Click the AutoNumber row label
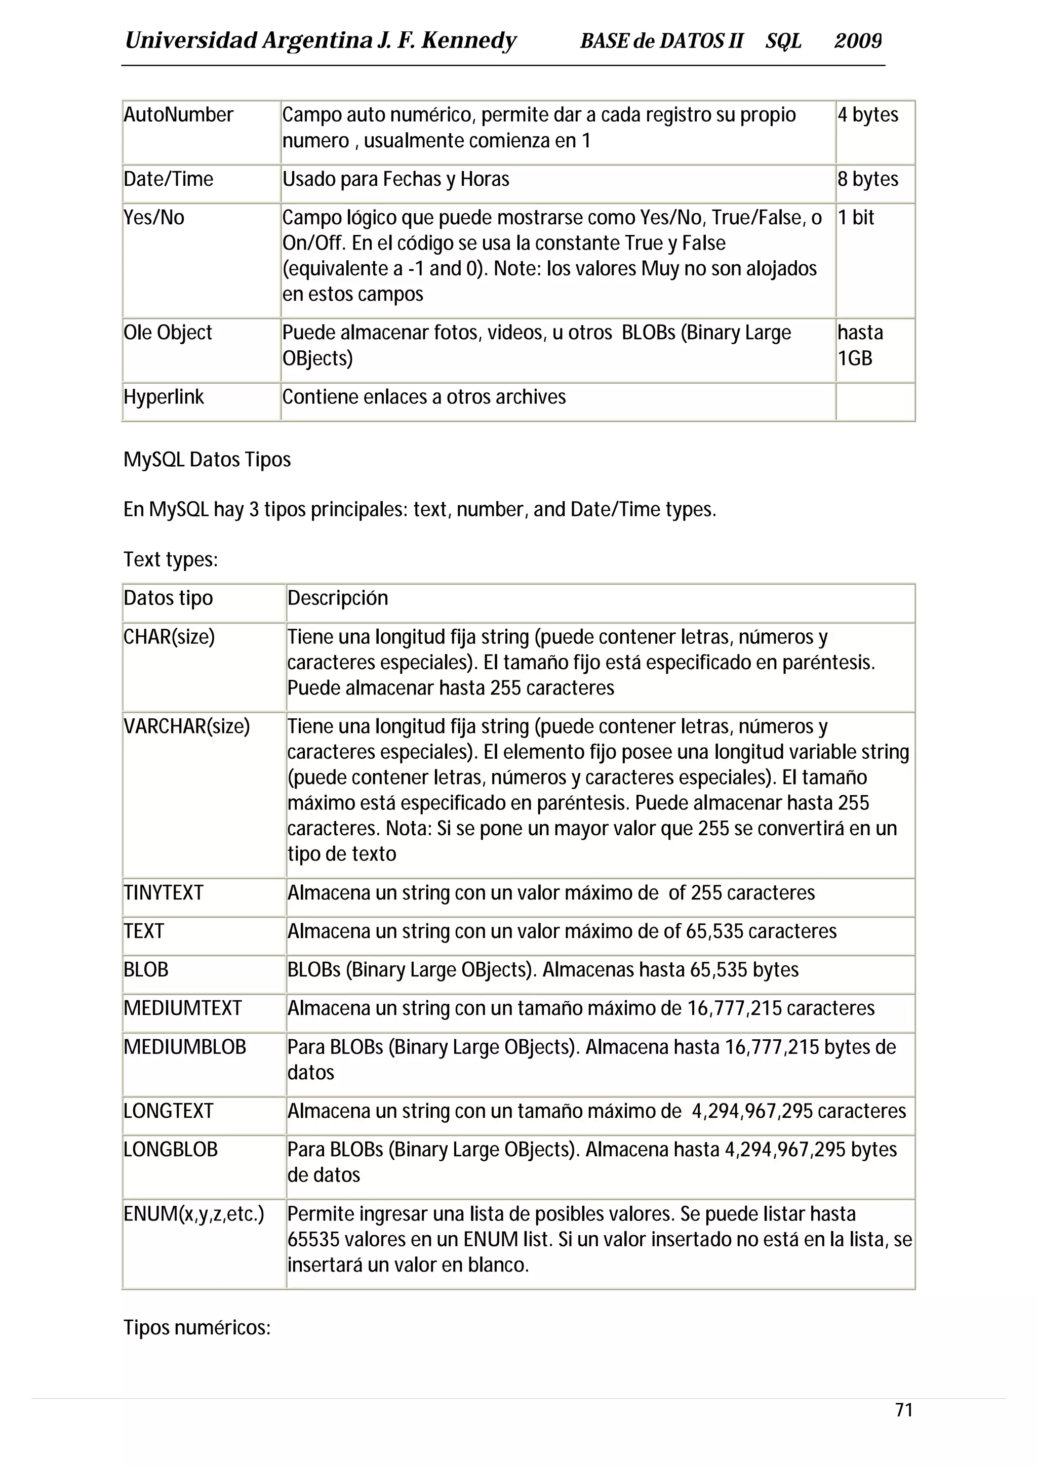[178, 115]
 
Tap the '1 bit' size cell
[856, 218]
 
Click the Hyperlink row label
[164, 397]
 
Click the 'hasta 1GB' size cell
[860, 345]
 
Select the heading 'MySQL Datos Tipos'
[207, 460]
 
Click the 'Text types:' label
[171, 560]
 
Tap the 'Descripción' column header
[337, 598]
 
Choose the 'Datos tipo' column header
[168, 598]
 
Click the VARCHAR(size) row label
[186, 726]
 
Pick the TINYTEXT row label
[164, 892]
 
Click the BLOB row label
[146, 970]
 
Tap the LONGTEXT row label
[168, 1111]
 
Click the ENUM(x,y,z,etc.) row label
[193, 1214]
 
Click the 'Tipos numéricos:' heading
[197, 1328]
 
